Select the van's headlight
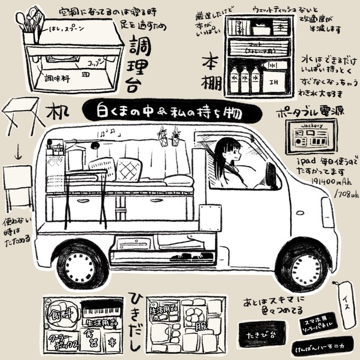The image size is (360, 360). [327, 206]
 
